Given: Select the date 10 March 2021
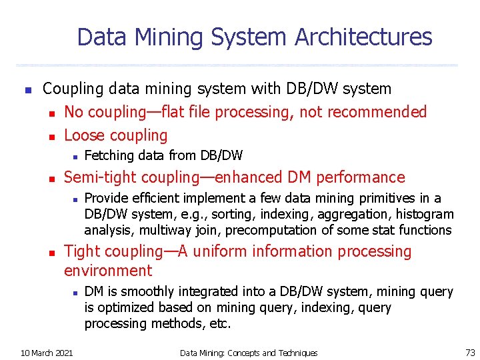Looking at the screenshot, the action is click(x=47, y=352).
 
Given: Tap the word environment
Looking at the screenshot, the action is click(x=108, y=271).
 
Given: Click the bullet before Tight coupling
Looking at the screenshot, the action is click(x=55, y=252).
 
